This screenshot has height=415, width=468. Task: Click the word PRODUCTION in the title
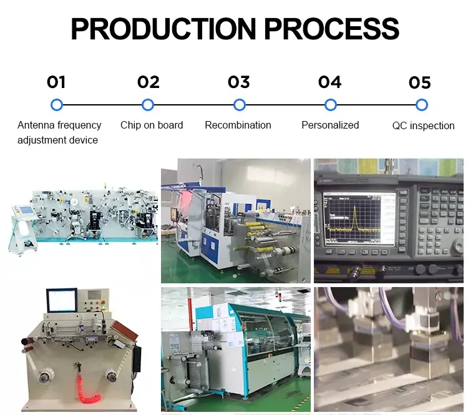click(163, 29)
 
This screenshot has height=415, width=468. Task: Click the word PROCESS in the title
click(331, 29)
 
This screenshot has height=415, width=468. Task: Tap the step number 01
click(56, 82)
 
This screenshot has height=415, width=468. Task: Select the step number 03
click(239, 82)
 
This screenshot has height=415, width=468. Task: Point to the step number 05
click(420, 83)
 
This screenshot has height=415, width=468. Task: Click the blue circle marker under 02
click(148, 105)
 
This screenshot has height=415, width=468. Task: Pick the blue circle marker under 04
click(330, 105)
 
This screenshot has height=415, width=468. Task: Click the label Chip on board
click(152, 125)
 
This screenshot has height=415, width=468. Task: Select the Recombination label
click(238, 125)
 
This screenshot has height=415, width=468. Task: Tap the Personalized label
click(330, 125)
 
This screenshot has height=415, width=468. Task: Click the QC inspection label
click(423, 125)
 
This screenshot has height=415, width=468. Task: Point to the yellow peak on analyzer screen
click(355, 217)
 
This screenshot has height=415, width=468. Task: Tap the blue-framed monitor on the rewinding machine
click(62, 300)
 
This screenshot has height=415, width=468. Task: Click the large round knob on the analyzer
click(459, 247)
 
